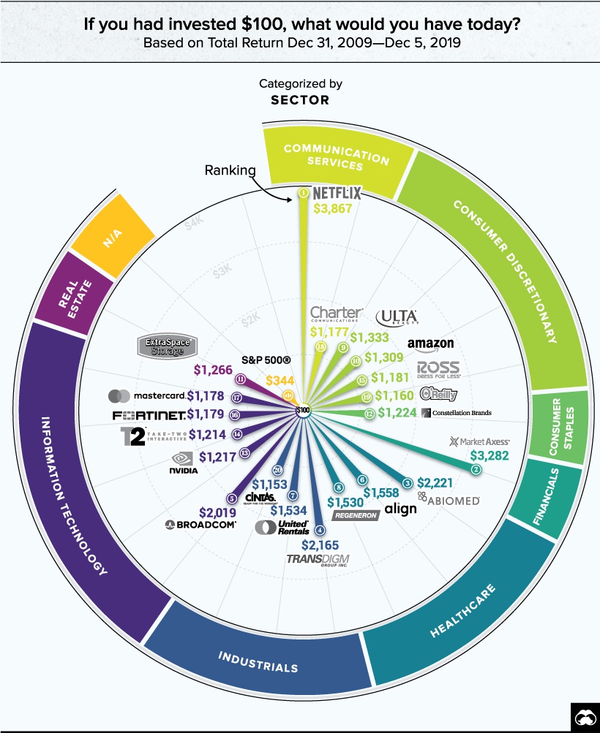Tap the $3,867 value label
coord(332,208)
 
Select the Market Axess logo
coord(479,441)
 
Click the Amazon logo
coord(431,344)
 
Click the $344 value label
coord(280,380)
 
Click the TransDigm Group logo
coord(318,561)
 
